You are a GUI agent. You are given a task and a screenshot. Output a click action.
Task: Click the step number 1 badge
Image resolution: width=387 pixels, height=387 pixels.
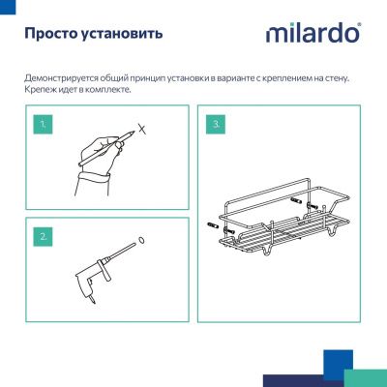coord(42,126)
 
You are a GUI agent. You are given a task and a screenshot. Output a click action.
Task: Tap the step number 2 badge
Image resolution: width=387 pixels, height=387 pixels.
coord(42,235)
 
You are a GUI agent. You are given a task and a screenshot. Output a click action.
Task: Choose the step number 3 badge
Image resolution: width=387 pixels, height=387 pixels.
coord(216,126)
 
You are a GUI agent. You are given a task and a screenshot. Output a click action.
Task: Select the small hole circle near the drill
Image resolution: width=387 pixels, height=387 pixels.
coord(141,241)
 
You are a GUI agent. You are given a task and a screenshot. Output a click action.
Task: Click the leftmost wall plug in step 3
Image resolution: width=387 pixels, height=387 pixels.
coord(215,227)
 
